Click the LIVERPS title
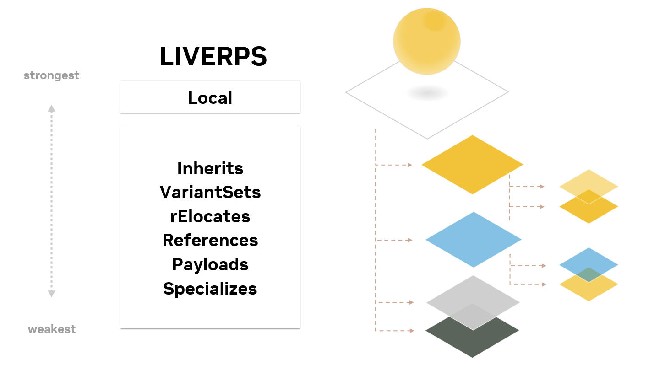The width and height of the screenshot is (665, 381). click(x=213, y=56)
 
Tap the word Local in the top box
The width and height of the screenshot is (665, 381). click(x=210, y=98)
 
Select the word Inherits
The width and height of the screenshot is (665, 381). click(x=210, y=168)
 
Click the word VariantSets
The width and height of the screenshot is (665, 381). click(x=210, y=192)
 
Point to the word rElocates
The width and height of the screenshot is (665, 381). click(x=210, y=216)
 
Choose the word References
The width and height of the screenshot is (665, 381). click(x=210, y=240)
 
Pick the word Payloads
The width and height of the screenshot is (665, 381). click(x=210, y=264)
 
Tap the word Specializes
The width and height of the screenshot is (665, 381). click(x=210, y=289)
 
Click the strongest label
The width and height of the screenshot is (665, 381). click(x=51, y=75)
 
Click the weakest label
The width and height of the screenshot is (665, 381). click(x=52, y=329)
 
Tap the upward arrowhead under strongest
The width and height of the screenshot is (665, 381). click(x=51, y=108)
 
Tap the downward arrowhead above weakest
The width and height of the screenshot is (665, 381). click(x=51, y=294)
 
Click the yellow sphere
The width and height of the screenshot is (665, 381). click(x=427, y=41)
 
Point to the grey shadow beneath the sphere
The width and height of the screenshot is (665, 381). click(x=427, y=93)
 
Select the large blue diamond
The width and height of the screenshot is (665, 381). click(x=474, y=240)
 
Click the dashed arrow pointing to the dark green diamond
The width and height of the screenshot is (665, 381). click(x=395, y=331)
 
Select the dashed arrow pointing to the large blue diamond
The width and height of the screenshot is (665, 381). click(x=394, y=240)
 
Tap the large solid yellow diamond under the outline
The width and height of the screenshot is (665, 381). click(x=472, y=165)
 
